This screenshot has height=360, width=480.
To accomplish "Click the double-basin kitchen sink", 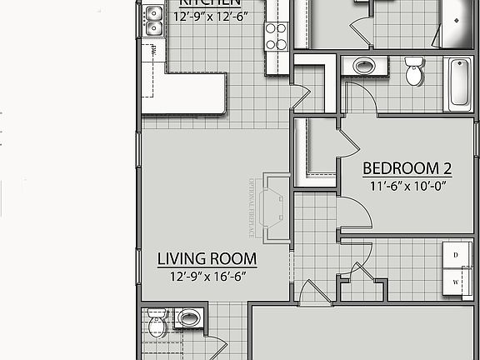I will click(x=152, y=21).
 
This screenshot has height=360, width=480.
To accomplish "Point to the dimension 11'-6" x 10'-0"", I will click(x=408, y=187).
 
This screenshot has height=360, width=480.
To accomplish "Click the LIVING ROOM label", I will click(x=207, y=258).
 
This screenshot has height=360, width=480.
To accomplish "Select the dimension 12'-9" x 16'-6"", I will click(x=207, y=276).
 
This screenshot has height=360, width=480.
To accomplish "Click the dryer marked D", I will click(x=456, y=253).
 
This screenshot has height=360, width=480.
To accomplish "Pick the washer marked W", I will click(x=456, y=282).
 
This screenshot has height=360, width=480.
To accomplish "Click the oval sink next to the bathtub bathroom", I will click(x=363, y=66).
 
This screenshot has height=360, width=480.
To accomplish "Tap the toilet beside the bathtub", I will click(x=414, y=73).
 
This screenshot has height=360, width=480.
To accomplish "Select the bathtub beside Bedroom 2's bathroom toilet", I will click(x=459, y=83).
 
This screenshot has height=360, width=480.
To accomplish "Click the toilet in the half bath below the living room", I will click(x=157, y=326).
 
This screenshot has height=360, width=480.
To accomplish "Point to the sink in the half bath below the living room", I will click(x=189, y=317).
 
